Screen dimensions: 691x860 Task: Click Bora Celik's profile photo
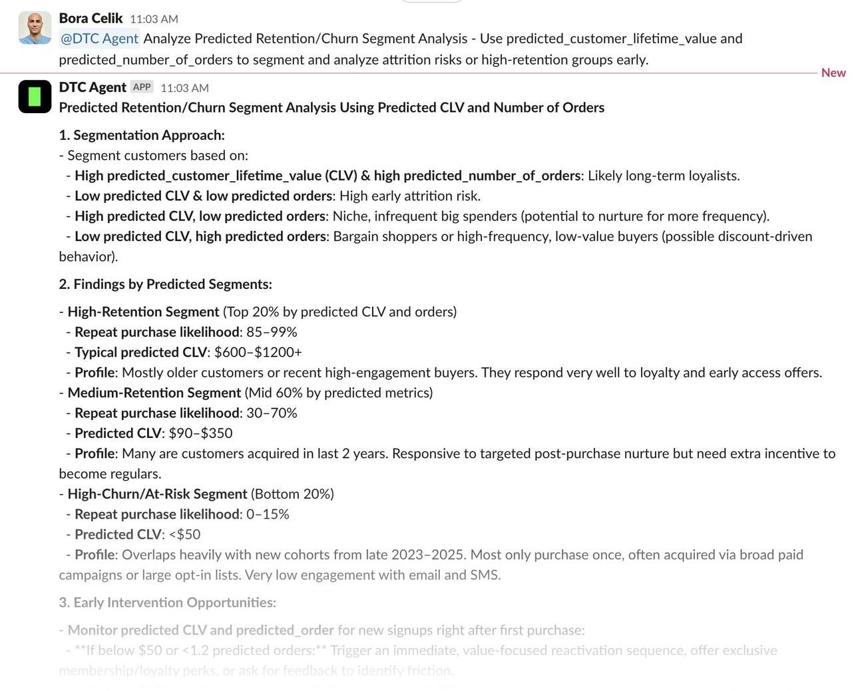35,28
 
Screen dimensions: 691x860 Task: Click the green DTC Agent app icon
35,97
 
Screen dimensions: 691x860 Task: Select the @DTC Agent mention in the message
99,39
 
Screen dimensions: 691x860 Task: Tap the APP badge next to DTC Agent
142,87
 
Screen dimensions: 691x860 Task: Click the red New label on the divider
833,73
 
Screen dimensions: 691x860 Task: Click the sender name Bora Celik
91,19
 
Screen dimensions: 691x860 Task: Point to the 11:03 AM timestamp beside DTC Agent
184,88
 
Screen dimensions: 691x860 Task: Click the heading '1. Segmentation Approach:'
142,135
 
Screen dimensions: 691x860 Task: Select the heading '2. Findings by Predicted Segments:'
165,284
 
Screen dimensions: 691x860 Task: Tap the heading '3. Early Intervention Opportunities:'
167,602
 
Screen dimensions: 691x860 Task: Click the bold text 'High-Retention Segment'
143,312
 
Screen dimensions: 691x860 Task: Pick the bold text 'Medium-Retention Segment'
154,393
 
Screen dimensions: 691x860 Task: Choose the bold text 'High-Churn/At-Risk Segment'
157,494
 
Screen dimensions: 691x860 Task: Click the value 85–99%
272,332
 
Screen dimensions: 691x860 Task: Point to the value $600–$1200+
258,352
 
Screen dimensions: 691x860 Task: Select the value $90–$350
200,433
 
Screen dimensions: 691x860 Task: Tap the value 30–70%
272,413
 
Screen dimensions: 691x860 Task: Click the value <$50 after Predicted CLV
184,535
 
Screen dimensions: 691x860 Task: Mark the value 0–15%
268,515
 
